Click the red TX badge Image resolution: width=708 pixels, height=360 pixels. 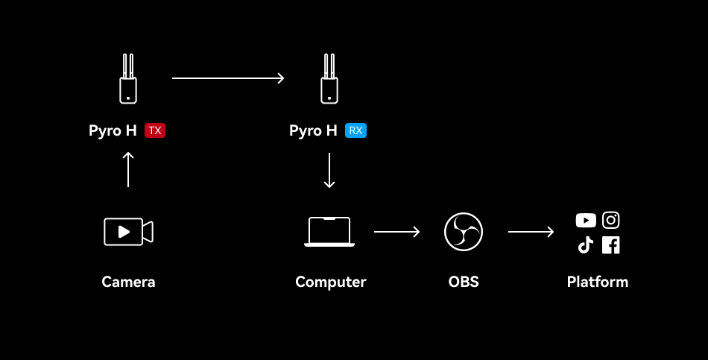[x=155, y=130]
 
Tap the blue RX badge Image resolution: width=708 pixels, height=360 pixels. [x=355, y=130]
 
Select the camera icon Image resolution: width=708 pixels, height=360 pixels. [x=128, y=231]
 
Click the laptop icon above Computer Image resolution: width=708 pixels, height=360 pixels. [x=329, y=232]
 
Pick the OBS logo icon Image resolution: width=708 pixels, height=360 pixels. [x=464, y=232]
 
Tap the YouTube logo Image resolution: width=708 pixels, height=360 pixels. [x=586, y=221]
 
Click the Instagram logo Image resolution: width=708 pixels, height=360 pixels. [x=611, y=221]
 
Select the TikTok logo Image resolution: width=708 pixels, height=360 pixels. [x=586, y=245]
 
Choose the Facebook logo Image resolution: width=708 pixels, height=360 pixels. [x=611, y=245]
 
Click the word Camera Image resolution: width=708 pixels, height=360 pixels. [x=128, y=282]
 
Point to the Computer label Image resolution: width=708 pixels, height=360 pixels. [x=330, y=282]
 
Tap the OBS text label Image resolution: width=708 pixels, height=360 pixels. [x=464, y=282]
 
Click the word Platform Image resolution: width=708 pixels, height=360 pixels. [x=597, y=282]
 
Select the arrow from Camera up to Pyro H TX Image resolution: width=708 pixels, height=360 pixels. [x=128, y=169]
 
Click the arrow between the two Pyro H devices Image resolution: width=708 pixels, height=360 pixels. [x=228, y=78]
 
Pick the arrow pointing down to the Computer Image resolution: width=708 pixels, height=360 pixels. [x=329, y=171]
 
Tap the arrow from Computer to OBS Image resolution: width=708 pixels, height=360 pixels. [x=396, y=232]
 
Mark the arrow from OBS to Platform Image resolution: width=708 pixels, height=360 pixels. [x=531, y=232]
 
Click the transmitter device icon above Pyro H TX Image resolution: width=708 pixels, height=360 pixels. [x=128, y=78]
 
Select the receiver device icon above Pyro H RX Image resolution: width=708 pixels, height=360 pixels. [x=329, y=78]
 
